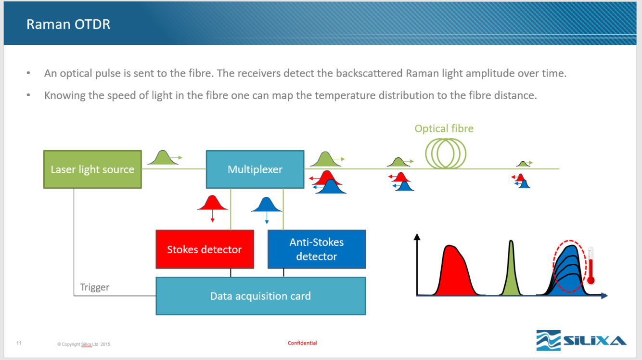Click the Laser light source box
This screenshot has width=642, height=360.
click(x=92, y=169)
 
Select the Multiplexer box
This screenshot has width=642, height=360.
click(x=255, y=169)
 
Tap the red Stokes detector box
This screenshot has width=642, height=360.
click(x=205, y=249)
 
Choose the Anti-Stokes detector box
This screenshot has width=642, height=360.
click(x=317, y=249)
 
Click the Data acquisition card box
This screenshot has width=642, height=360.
click(x=260, y=296)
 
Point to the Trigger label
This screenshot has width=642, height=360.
click(x=95, y=287)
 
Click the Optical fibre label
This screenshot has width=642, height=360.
click(x=444, y=129)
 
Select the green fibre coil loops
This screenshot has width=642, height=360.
click(x=446, y=154)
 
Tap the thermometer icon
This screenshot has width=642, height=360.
click(x=591, y=266)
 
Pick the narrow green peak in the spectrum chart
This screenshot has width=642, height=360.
click(x=511, y=272)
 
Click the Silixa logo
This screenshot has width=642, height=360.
click(x=581, y=340)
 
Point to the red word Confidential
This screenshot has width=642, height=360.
click(x=302, y=343)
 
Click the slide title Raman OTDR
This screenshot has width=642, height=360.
click(x=68, y=25)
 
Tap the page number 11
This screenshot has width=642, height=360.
click(x=19, y=343)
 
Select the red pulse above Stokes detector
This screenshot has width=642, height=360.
click(x=212, y=204)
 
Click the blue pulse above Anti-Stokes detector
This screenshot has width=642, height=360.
click(x=267, y=206)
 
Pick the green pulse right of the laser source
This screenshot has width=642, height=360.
click(x=163, y=158)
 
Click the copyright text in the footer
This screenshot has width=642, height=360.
click(x=84, y=344)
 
